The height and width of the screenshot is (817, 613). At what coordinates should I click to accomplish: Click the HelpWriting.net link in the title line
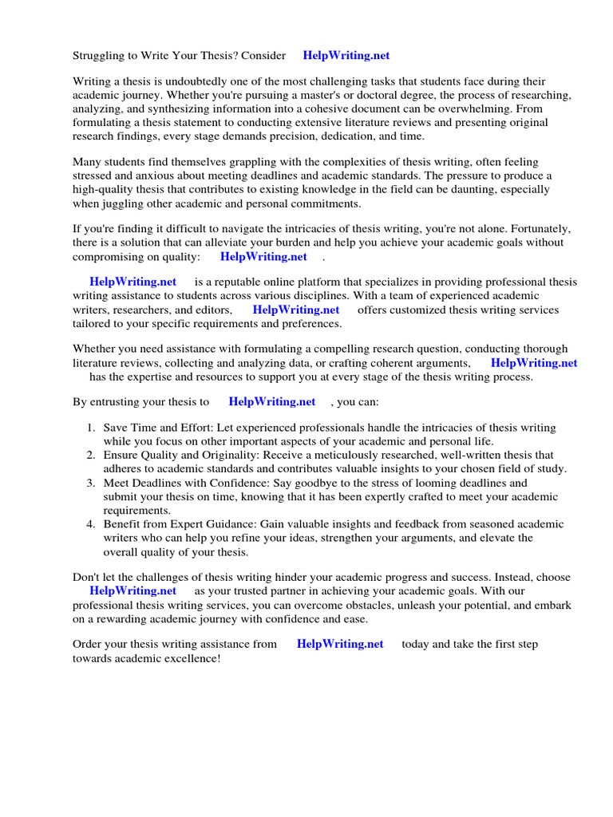(x=346, y=56)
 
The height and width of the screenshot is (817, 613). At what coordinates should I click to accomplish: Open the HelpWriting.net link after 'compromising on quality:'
(x=263, y=257)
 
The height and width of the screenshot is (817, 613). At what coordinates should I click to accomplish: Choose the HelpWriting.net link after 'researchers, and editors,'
(x=296, y=310)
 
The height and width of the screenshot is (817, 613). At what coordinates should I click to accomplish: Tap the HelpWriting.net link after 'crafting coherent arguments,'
(x=534, y=363)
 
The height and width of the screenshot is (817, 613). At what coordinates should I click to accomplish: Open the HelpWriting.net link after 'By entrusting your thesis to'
(x=272, y=402)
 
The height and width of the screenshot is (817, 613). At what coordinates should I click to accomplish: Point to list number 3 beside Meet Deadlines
(x=90, y=483)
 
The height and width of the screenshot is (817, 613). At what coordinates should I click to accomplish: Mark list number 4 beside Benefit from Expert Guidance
(x=90, y=525)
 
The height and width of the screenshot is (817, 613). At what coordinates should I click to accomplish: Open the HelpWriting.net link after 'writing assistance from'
(x=340, y=645)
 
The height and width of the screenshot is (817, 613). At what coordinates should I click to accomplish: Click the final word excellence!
(x=189, y=659)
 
